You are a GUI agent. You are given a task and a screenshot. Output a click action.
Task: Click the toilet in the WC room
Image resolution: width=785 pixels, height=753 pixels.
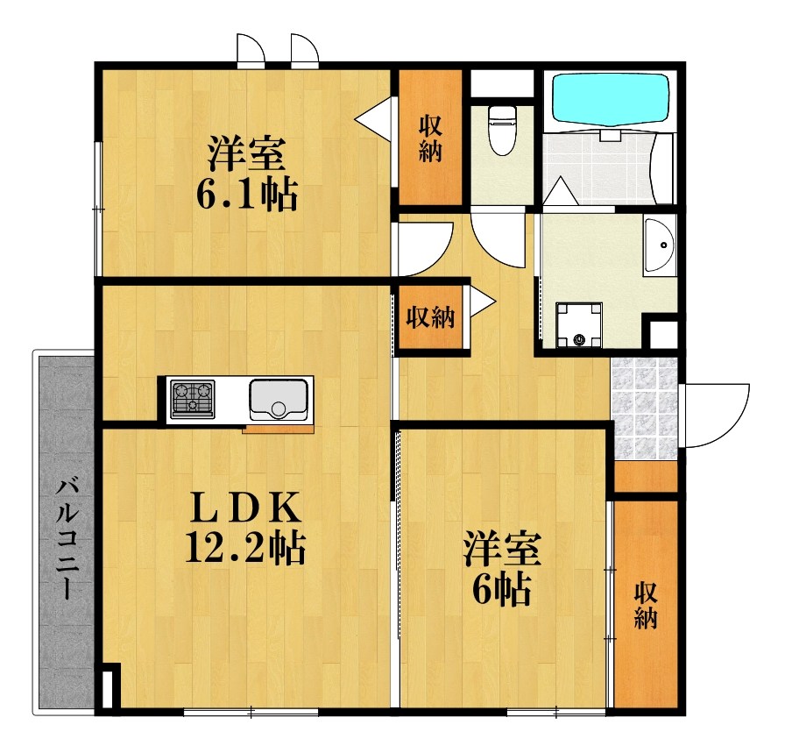tap(502, 130)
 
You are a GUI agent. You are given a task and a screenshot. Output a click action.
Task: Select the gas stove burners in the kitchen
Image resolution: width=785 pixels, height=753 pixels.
tap(192, 400)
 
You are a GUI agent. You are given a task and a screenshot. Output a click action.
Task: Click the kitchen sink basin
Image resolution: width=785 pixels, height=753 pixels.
tap(278, 400)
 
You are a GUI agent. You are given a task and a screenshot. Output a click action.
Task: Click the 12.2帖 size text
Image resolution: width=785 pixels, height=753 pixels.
tap(244, 549)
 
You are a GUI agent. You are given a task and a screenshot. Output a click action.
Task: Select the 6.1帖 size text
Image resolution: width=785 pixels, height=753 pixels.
tap(246, 194)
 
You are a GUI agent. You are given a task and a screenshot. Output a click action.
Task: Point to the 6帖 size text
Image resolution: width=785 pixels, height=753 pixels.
tap(501, 592)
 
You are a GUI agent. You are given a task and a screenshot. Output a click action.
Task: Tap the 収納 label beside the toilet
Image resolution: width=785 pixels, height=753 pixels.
tap(429, 138)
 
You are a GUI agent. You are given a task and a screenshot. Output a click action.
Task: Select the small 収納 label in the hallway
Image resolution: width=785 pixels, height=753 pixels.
tap(430, 317)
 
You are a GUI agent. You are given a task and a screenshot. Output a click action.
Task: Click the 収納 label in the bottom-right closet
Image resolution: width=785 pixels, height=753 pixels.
tap(646, 604)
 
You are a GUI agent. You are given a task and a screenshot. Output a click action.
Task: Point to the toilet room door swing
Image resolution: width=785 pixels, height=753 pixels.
tap(497, 233)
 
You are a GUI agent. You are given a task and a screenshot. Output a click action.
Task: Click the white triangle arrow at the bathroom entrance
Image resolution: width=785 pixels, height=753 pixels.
tap(555, 191)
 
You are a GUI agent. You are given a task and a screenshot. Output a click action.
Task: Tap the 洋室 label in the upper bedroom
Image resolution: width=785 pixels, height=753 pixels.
tap(245, 154)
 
